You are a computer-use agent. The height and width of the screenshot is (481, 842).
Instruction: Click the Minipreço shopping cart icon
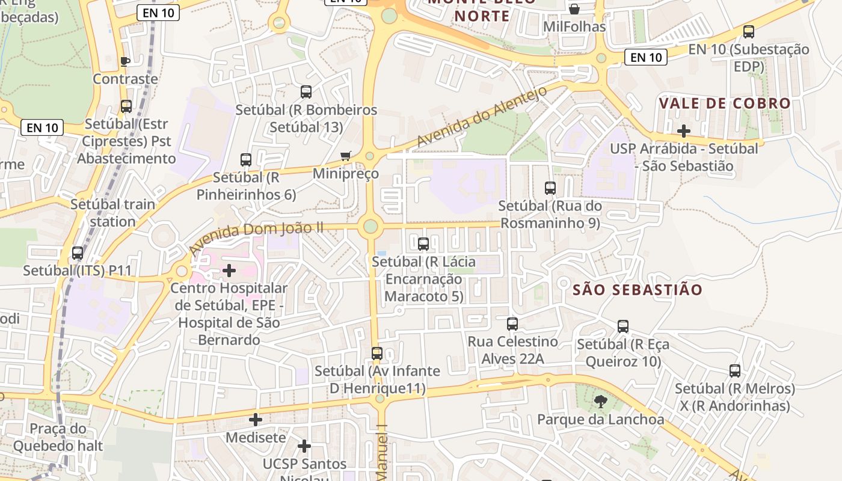pos(345,156)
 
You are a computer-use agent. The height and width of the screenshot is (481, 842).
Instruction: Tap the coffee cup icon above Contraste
pos(125,61)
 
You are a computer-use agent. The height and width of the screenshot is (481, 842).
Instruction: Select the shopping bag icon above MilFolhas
pos(574,9)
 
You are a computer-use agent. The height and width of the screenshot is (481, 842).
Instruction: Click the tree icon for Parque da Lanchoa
pos(600,401)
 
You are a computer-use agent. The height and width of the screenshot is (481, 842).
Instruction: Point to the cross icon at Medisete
pos(256,420)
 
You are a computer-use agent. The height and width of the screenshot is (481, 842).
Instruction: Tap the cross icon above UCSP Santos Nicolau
pos(304,446)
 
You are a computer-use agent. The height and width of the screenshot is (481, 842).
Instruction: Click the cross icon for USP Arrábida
pos(683,130)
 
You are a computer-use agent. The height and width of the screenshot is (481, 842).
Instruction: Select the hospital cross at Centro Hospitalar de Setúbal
pos(229,271)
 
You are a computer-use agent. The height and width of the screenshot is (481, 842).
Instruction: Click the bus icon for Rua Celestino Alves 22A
pos(512,324)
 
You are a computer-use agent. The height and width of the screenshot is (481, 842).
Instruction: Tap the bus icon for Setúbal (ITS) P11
pos(78,253)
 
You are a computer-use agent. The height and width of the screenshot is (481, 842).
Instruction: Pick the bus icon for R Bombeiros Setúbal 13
pos(306,92)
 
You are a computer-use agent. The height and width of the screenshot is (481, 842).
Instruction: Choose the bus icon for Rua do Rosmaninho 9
pos(550,188)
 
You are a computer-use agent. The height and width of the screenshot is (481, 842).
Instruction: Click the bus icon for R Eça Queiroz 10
pos(623,326)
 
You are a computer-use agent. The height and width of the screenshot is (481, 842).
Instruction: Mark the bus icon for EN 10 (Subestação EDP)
pos(749,32)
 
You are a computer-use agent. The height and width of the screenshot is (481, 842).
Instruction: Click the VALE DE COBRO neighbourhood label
pos(725,103)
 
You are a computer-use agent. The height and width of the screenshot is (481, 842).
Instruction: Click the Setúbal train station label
pos(112,213)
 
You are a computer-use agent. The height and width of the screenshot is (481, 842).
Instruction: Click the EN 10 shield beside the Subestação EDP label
pos(647,57)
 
